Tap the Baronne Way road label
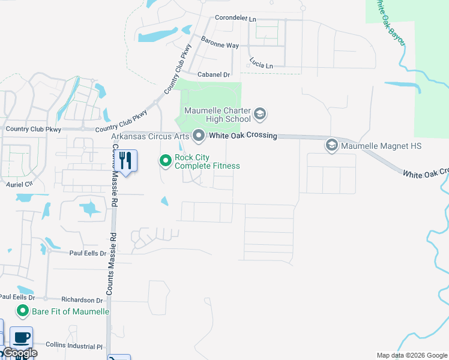(220, 45)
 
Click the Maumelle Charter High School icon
(261, 113)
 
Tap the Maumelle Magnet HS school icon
(331, 145)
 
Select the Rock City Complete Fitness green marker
(165, 160)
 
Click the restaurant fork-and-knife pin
(125, 160)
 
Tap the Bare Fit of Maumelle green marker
(23, 311)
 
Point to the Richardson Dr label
(82, 300)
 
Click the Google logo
(20, 353)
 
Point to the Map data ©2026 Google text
(411, 355)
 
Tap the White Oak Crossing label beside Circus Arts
(243, 136)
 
